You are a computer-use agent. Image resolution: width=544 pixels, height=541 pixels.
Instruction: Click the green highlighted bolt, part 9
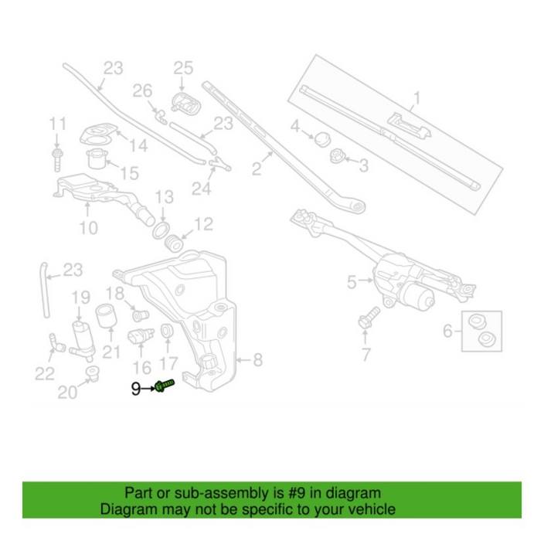click(165, 385)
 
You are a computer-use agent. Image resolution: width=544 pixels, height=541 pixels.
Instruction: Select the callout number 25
click(182, 67)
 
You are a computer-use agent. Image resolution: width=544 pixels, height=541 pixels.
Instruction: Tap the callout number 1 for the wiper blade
click(416, 98)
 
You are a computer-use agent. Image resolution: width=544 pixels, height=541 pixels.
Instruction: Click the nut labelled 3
click(337, 158)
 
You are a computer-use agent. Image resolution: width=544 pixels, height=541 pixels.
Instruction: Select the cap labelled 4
click(319, 138)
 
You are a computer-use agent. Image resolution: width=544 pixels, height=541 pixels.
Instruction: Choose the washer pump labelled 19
click(80, 334)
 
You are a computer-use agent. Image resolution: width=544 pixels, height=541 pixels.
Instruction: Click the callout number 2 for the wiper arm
click(256, 167)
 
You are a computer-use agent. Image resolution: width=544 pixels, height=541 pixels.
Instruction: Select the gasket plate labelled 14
click(97, 134)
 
